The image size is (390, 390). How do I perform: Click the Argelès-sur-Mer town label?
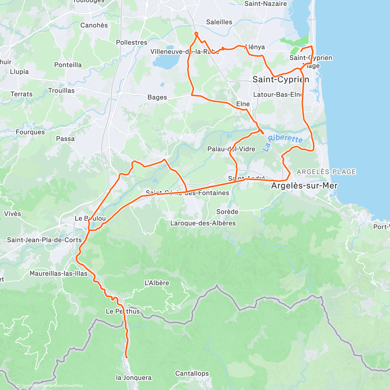304,186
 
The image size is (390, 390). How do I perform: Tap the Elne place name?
243,104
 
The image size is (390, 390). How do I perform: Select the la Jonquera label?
134,378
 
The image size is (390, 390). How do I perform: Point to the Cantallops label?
192,373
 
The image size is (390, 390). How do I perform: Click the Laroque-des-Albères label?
203,223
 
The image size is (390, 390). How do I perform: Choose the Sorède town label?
227,212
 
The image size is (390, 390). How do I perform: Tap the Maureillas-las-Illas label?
58,274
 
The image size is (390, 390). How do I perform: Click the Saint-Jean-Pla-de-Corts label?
44,240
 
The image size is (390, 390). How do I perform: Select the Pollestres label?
132,43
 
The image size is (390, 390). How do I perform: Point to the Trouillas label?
61,91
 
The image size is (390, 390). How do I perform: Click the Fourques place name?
30,132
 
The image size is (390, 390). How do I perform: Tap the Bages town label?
157,97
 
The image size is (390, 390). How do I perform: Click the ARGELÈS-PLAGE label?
326,172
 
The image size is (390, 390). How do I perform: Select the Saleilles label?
219,22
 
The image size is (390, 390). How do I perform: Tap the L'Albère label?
157,283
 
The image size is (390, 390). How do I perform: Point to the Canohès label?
94,25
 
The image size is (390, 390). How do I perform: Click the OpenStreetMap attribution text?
68,386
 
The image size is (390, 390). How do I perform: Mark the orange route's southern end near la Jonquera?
126,357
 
